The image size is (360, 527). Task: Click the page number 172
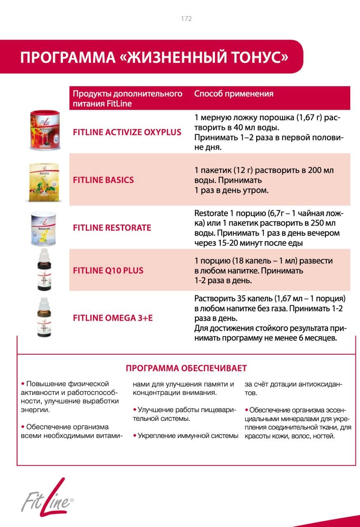coord(186,19)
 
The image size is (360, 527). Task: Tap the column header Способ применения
coord(234,94)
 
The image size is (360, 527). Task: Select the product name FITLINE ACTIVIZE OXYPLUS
coord(127,132)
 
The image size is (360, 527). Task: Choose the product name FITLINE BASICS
coord(103,180)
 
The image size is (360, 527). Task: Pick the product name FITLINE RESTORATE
coord(112,228)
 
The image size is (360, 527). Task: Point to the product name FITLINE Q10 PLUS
coord(108,270)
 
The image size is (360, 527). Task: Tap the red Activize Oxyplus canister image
coord(44,130)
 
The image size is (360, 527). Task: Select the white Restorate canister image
coord(44,229)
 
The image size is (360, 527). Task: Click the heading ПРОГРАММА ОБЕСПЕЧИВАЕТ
coord(186,368)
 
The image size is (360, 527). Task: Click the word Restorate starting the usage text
coord(211,213)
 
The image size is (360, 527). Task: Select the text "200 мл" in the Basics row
coord(323,170)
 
